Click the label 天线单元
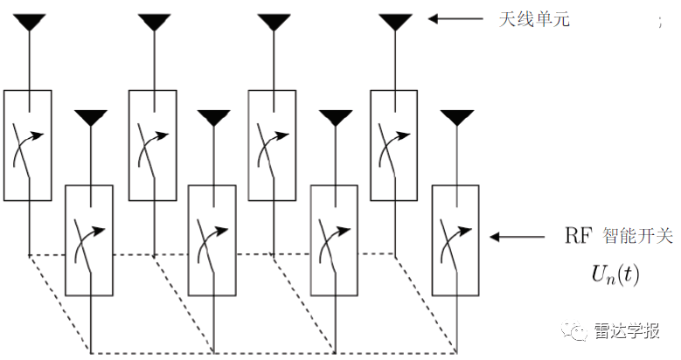[x=533, y=18]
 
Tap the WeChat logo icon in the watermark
[x=580, y=330]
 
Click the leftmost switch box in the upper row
[x=28, y=144]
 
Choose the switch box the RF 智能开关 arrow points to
[x=455, y=239]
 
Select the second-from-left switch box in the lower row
[x=212, y=239]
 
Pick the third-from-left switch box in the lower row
[x=335, y=239]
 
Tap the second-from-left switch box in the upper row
[x=153, y=144]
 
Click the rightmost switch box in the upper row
[x=394, y=144]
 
